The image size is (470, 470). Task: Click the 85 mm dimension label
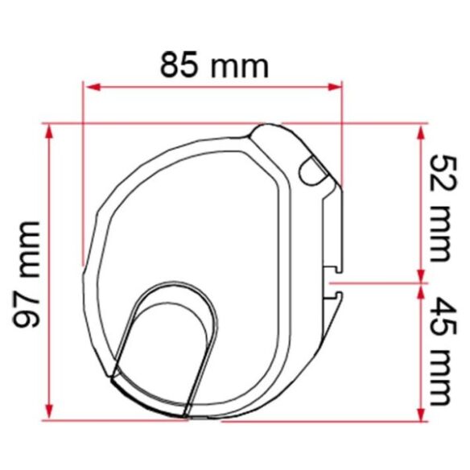point(214,64)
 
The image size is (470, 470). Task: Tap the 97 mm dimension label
point(26,275)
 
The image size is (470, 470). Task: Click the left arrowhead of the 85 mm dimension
point(93,87)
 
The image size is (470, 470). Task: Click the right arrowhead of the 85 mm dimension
point(335,87)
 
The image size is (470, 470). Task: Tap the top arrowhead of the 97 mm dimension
point(49,131)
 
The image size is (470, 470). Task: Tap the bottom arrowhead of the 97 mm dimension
point(49,413)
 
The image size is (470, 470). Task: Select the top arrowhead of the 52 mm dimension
point(421,133)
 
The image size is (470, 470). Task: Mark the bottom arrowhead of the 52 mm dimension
point(421,275)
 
